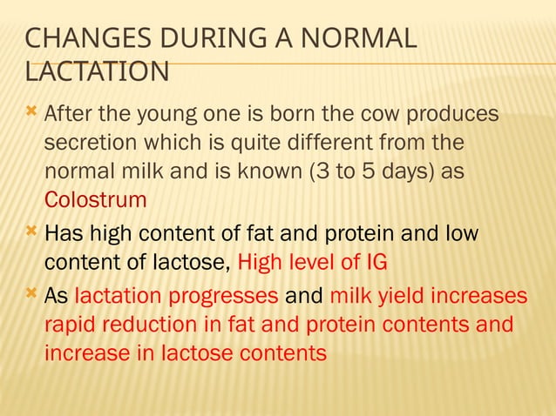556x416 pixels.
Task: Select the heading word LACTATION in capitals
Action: click(x=98, y=71)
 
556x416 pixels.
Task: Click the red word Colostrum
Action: click(x=96, y=199)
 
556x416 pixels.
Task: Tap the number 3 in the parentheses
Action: click(x=322, y=171)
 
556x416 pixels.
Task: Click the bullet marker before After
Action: click(x=31, y=112)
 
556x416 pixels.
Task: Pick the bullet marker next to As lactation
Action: click(x=31, y=293)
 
